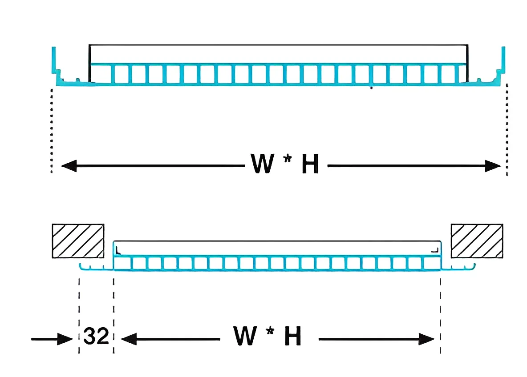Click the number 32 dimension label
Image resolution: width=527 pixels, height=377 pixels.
(96, 337)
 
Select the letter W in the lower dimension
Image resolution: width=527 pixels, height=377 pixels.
(245, 336)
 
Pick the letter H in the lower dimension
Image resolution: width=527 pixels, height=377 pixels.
(293, 337)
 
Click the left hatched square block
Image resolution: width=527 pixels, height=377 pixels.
(78, 241)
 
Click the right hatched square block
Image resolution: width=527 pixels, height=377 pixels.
(477, 241)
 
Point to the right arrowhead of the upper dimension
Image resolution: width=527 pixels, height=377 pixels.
(494, 167)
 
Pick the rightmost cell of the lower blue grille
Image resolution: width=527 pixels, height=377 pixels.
(431, 263)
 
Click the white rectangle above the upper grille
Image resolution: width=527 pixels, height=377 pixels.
(278, 54)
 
